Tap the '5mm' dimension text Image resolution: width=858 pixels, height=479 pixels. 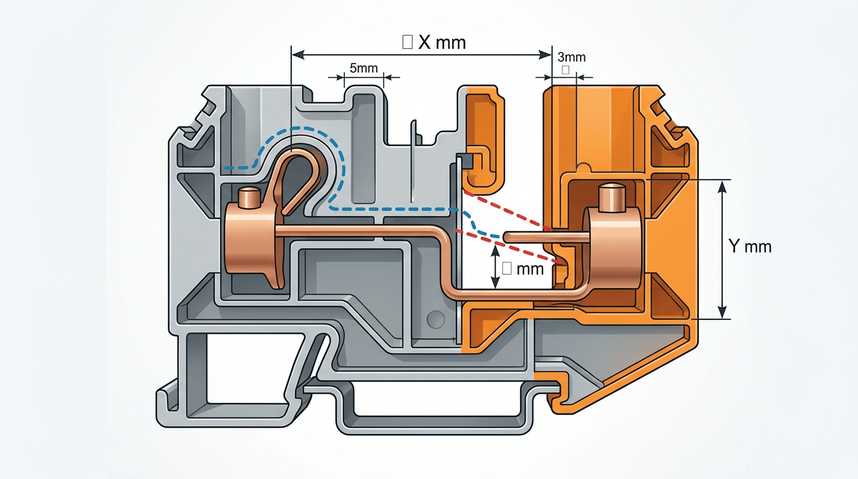(364, 68)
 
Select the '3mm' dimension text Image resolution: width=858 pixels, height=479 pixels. (570, 57)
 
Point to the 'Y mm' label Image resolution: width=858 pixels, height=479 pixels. (750, 247)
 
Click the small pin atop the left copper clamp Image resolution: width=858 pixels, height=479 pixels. (250, 198)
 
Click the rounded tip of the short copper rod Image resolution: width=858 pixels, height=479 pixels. (507, 237)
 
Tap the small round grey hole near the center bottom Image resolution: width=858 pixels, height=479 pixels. (435, 320)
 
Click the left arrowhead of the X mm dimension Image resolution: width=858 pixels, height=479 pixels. (298, 56)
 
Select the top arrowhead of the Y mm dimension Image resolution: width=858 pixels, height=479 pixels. (722, 185)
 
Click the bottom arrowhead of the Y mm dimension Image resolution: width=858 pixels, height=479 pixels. (722, 314)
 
